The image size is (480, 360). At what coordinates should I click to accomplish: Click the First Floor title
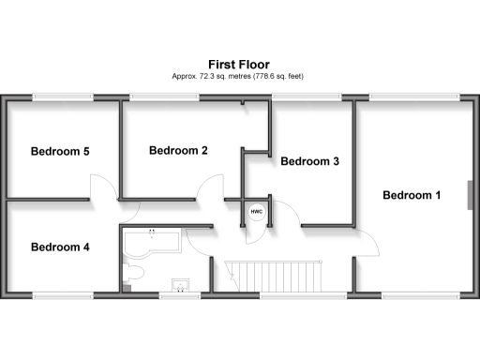[239, 63]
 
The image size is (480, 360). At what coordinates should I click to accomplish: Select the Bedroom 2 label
[178, 150]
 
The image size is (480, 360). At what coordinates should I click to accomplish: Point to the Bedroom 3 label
[310, 161]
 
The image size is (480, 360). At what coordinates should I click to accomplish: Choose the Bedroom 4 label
[60, 247]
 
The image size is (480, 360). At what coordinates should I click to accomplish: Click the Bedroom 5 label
[60, 151]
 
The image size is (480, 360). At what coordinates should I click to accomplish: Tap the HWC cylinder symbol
[256, 213]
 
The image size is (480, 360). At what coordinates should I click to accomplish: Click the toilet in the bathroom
[133, 273]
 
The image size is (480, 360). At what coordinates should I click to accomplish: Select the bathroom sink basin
[179, 284]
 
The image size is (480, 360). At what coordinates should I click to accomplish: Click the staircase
[277, 276]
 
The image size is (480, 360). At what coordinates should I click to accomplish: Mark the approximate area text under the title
[239, 75]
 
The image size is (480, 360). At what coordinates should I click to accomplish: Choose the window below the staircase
[286, 295]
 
